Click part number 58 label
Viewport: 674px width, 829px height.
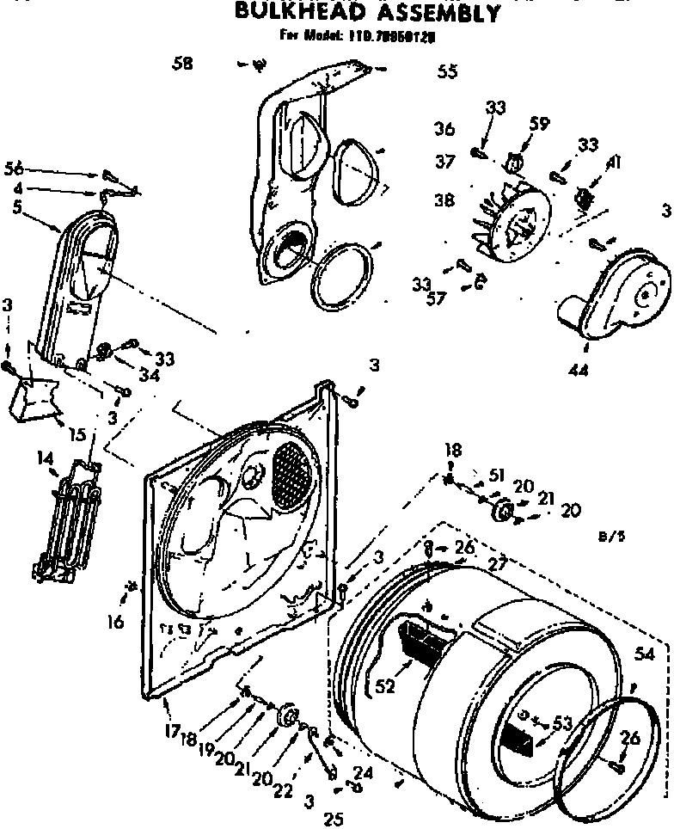[181, 63]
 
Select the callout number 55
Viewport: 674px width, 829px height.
[447, 72]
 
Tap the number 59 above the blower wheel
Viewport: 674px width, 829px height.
[538, 123]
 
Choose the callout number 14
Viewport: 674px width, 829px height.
[44, 459]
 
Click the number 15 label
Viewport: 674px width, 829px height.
[77, 434]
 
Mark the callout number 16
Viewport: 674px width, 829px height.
[116, 621]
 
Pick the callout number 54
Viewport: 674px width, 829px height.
[646, 655]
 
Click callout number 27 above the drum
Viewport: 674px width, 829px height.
[495, 563]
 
